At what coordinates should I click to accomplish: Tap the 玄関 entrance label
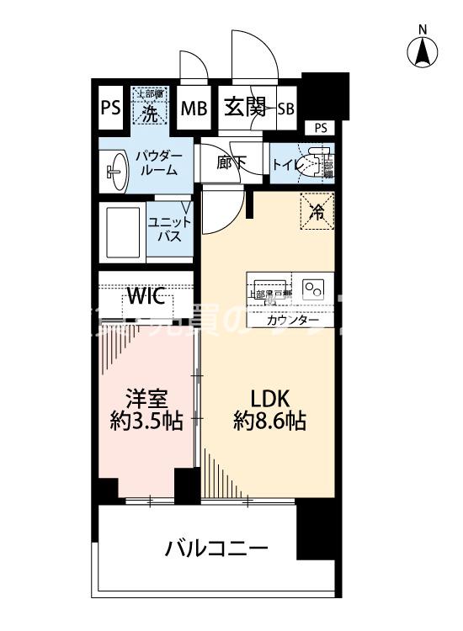pos(245,107)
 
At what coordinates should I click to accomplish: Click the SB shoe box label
pos(285,108)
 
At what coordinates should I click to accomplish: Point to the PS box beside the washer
pos(109,108)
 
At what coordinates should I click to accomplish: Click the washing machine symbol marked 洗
pos(149,109)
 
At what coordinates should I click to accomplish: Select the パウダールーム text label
pos(157,162)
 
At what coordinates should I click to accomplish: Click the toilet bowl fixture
pos(316,162)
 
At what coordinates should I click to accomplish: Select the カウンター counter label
pos(292,321)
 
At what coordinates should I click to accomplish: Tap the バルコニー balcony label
pos(216,549)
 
